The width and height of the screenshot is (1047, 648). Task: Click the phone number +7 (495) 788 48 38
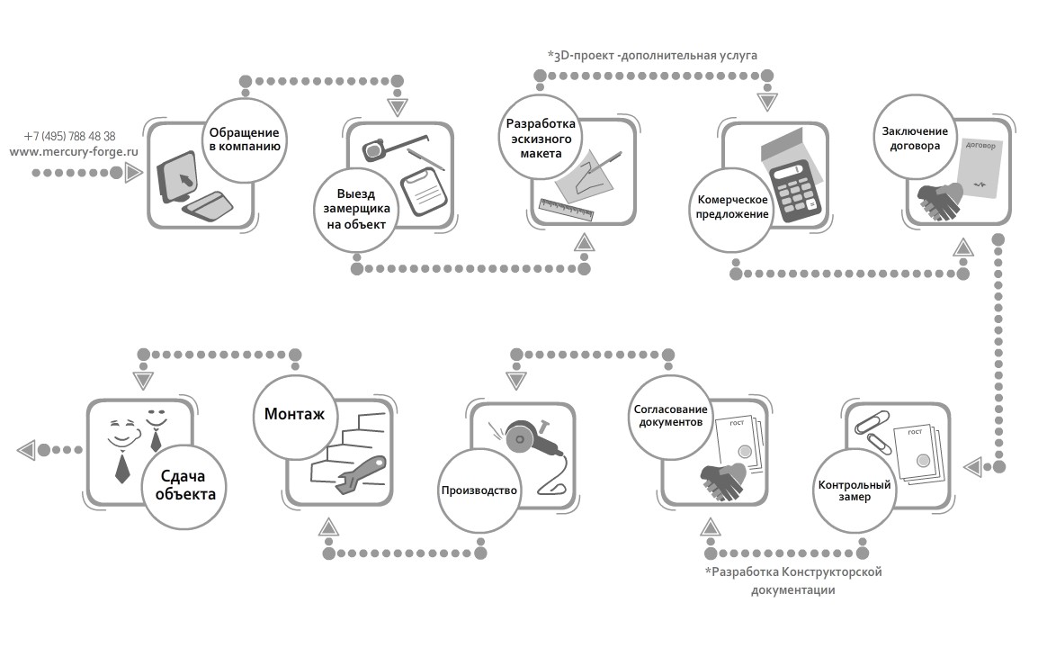70,136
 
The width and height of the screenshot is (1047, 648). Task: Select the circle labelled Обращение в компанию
243,137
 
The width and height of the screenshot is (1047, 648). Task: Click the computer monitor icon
177,183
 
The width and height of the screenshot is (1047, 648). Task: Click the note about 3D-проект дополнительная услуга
653,55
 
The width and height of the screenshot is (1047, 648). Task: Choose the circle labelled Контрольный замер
855,491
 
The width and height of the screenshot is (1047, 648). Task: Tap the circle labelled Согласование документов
668,414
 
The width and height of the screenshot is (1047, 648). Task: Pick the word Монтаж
294,415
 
